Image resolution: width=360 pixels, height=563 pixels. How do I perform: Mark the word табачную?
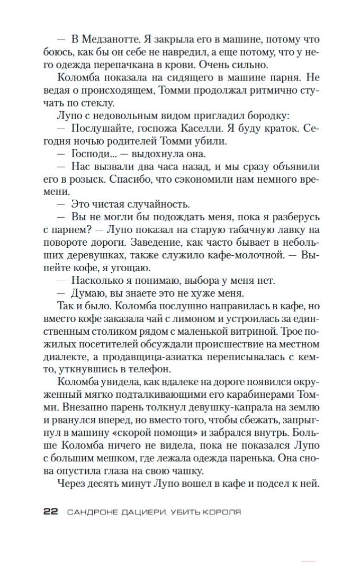coord(262,230)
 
